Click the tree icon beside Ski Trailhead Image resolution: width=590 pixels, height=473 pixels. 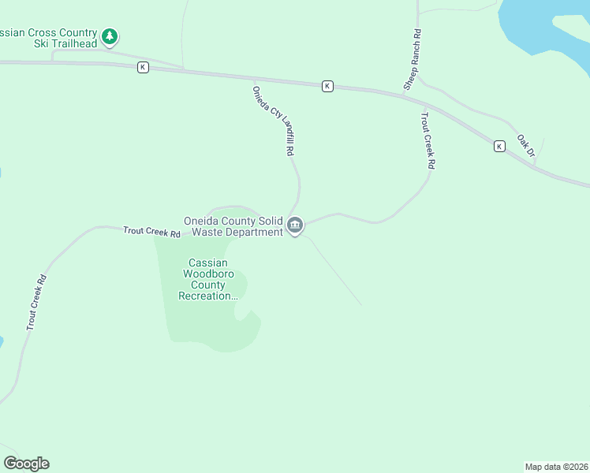[110, 35]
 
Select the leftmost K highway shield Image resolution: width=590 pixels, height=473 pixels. [142, 67]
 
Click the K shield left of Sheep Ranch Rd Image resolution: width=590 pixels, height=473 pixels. [327, 86]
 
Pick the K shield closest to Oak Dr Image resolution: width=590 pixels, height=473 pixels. [499, 146]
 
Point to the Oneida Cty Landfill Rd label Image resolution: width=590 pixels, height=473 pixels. [273, 121]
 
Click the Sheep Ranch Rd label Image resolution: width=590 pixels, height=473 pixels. [412, 59]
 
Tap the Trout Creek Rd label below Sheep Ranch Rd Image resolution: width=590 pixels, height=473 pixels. [428, 141]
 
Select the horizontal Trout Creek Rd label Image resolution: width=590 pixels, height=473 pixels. [151, 233]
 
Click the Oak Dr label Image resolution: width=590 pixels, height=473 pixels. [525, 146]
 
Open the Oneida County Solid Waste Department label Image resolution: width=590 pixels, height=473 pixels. [233, 226]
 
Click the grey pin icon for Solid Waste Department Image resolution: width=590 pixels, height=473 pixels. [295, 226]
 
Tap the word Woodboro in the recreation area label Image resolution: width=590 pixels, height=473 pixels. [209, 274]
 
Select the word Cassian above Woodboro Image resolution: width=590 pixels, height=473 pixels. [208, 263]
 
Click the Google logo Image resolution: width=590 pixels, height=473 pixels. [26, 464]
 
